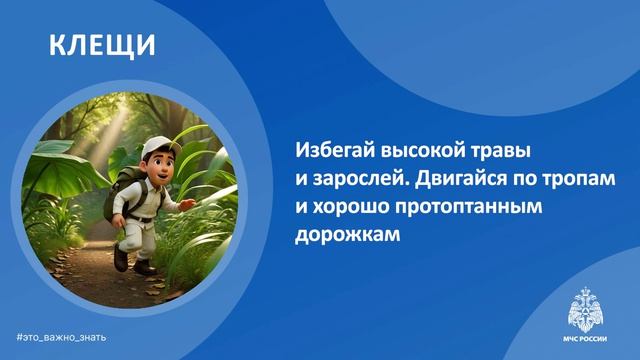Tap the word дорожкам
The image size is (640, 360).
pyautogui.click(x=344, y=239)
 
